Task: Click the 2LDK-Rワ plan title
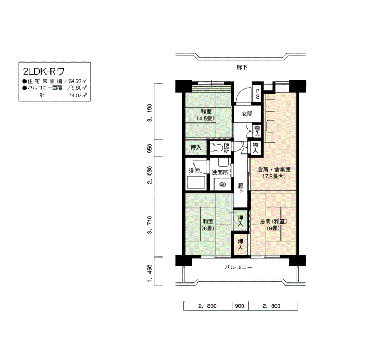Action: tap(44, 71)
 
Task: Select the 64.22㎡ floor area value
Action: tap(78, 81)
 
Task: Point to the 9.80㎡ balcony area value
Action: tap(79, 88)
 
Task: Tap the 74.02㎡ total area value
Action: tap(78, 95)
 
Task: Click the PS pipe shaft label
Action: tap(258, 94)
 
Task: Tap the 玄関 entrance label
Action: tap(247, 114)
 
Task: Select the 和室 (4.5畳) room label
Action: tap(206, 115)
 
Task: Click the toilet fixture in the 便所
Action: tap(216, 148)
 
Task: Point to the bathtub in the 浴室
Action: tap(196, 182)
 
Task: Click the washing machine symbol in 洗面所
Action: tap(222, 184)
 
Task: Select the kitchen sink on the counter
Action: tap(270, 126)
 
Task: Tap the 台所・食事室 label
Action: tap(274, 169)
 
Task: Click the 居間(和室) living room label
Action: tap(273, 222)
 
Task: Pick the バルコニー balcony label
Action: tap(238, 268)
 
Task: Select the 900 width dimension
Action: tap(239, 306)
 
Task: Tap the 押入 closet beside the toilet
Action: tap(196, 148)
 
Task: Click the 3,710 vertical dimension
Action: tap(150, 224)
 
